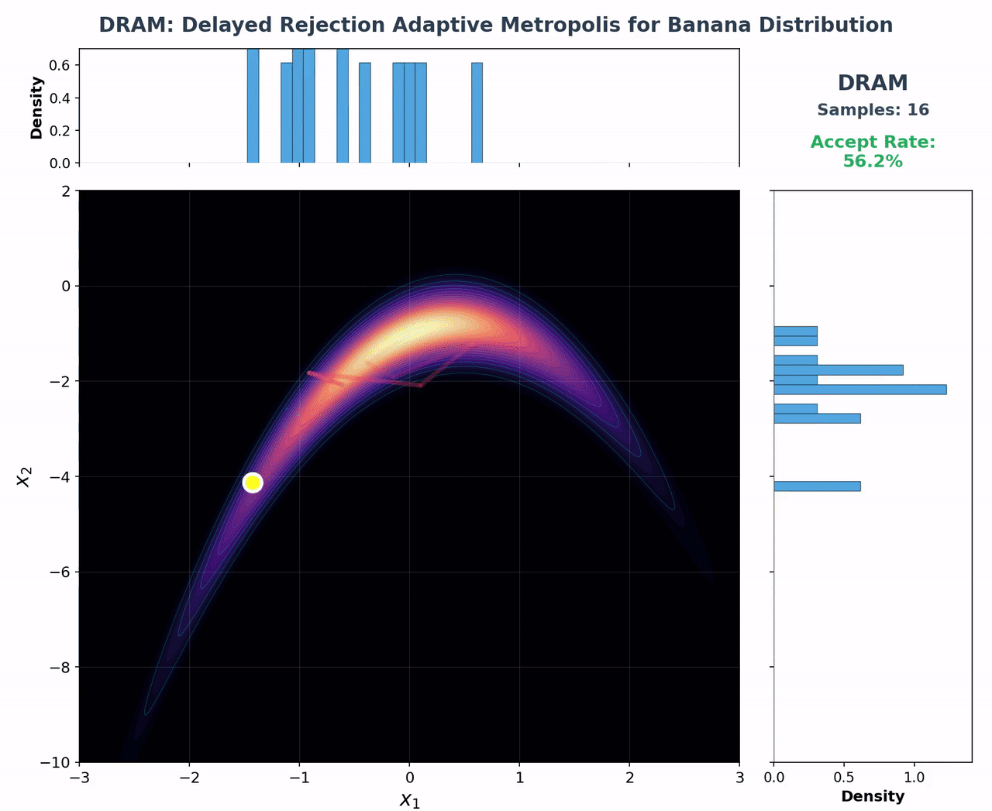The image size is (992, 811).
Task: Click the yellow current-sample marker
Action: [253, 483]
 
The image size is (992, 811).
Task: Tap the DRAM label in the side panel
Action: [873, 83]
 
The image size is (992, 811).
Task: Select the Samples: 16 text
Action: [873, 110]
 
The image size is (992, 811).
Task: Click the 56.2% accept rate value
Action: [873, 161]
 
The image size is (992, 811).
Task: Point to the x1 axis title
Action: [409, 800]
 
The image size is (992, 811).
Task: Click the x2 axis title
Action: [24, 476]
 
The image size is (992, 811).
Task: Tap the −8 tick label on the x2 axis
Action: [60, 668]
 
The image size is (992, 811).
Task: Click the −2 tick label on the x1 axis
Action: [189, 778]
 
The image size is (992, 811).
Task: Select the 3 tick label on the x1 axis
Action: [739, 778]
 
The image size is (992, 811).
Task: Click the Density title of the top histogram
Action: [36, 108]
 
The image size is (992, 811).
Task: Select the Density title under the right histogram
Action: [873, 796]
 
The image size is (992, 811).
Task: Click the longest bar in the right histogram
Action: [859, 389]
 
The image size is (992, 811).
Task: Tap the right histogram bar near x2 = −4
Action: [817, 486]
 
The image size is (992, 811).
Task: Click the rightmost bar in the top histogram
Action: [477, 112]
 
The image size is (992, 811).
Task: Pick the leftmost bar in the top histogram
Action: [253, 105]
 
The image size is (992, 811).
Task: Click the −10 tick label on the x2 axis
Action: [57, 763]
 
